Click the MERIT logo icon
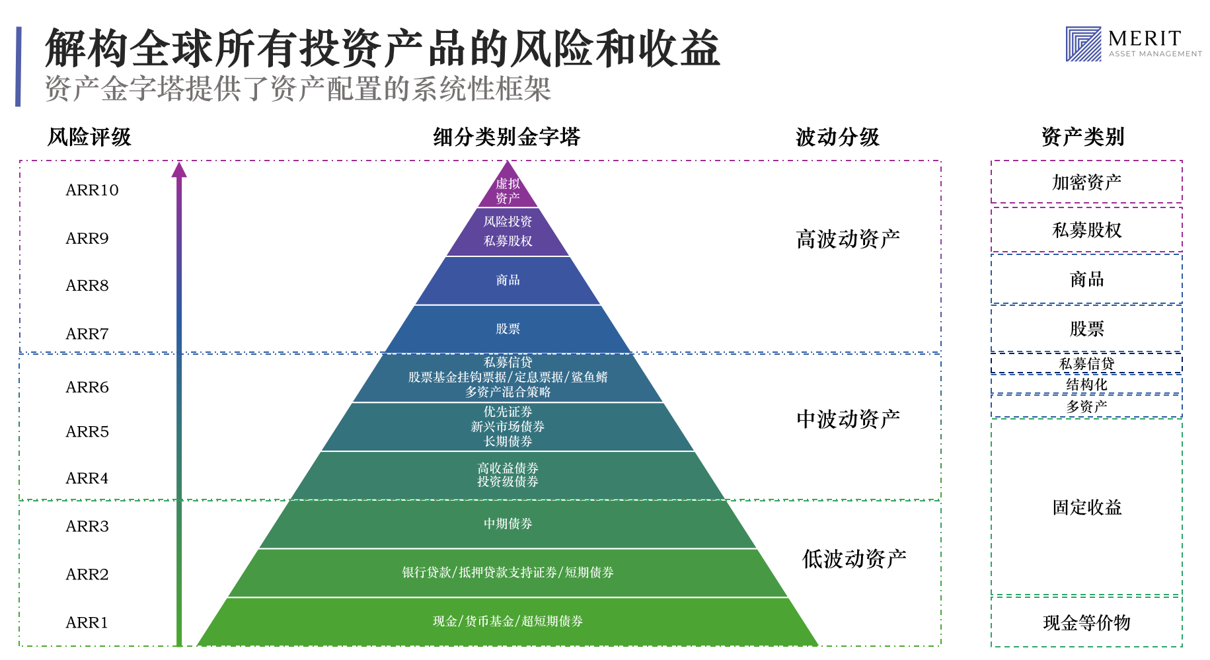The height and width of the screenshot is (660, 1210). (x=1083, y=44)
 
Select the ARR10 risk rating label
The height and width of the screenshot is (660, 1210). (x=92, y=190)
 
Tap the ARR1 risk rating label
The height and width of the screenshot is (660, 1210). (x=87, y=622)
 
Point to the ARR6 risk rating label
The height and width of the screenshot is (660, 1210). (x=87, y=387)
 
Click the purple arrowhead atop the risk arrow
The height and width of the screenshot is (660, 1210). (x=179, y=170)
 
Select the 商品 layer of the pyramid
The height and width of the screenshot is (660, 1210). (x=508, y=280)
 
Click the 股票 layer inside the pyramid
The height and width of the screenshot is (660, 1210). (x=508, y=329)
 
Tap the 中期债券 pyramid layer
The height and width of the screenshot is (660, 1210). (x=508, y=524)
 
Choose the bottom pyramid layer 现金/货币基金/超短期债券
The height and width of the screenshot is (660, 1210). (x=508, y=621)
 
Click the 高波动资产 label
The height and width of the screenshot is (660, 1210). (x=848, y=238)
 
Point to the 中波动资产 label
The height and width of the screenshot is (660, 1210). (x=848, y=419)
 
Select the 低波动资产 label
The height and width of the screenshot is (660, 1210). (x=854, y=559)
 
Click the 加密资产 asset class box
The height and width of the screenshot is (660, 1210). (x=1086, y=182)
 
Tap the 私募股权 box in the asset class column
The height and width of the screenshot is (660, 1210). (x=1086, y=230)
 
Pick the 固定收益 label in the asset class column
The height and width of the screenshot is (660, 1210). (x=1086, y=507)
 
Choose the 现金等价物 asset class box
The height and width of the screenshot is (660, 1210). (x=1086, y=622)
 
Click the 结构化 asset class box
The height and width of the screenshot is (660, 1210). (x=1086, y=385)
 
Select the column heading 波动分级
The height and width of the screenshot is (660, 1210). (x=837, y=137)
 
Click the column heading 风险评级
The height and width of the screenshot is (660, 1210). (x=89, y=137)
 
